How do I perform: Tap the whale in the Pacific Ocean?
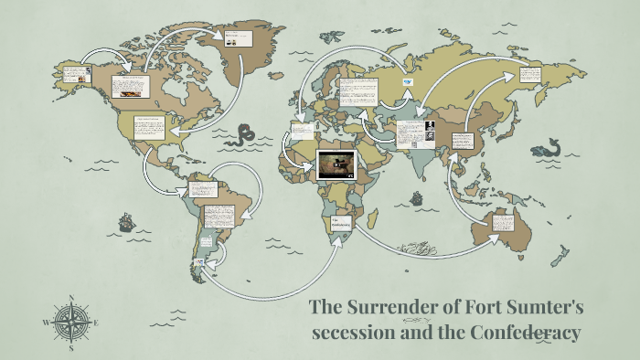548,147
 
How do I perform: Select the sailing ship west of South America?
124,221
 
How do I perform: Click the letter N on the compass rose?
71,298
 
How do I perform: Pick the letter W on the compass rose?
46,323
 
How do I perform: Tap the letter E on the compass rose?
96,323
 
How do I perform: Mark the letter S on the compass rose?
71,348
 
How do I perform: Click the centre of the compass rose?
71,323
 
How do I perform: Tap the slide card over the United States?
147,127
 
